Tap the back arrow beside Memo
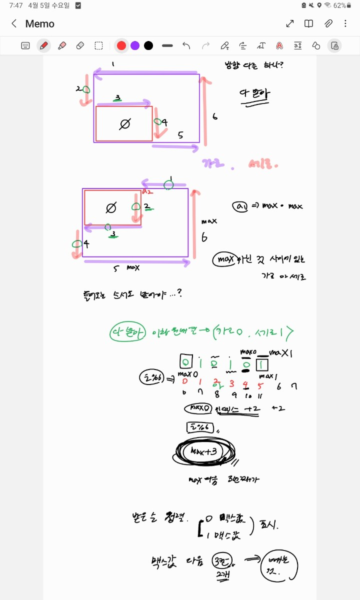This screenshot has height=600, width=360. (x=14, y=23)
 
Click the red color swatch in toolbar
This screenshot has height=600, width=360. (x=121, y=45)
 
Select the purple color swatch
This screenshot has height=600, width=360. (x=135, y=45)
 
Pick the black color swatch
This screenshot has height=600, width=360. (x=148, y=45)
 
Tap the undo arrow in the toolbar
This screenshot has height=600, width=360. (x=186, y=45)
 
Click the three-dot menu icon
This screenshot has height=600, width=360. (x=345, y=23)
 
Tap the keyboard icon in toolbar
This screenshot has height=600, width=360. (x=25, y=45)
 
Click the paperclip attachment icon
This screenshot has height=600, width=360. (x=328, y=23)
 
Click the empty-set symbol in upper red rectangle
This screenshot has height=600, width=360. (x=125, y=123)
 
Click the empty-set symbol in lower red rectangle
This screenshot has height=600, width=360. (x=111, y=207)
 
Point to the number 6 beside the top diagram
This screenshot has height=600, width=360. (x=214, y=116)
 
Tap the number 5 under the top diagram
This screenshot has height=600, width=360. (x=180, y=135)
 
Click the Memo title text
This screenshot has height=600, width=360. (x=40, y=23)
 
